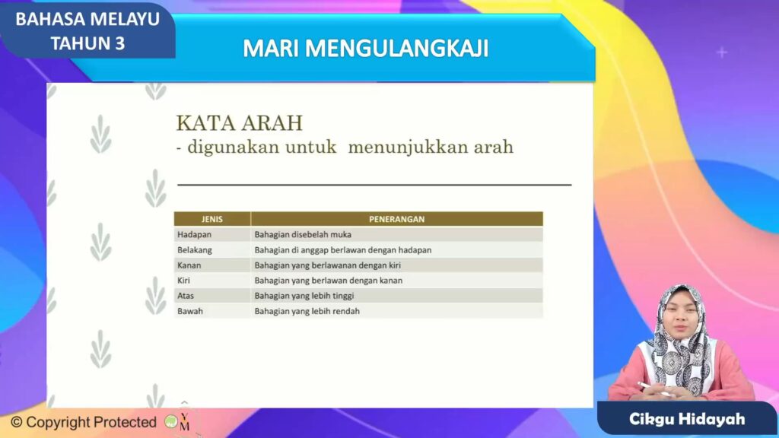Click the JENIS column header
click(212, 219)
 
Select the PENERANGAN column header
click(396, 219)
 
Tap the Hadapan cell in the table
click(194, 234)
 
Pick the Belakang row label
click(195, 249)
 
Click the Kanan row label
click(189, 265)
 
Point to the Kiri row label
click(184, 281)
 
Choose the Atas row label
click(186, 296)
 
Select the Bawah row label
click(189, 311)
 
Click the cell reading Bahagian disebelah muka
click(303, 234)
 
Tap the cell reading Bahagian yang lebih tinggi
click(304, 296)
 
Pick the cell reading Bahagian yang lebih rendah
click(307, 311)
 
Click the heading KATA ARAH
click(240, 123)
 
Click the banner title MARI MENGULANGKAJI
click(366, 49)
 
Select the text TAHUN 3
click(87, 43)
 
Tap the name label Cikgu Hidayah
click(687, 419)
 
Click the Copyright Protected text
click(84, 422)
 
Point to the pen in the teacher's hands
click(655, 389)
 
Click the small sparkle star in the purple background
click(722, 52)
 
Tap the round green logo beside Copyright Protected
click(171, 421)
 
